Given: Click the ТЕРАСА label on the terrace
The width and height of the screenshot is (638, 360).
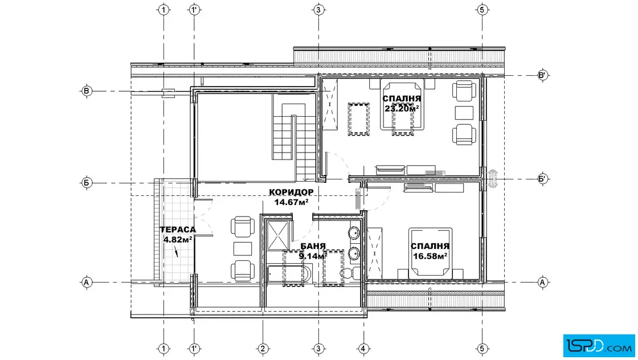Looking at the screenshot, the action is point(178,230).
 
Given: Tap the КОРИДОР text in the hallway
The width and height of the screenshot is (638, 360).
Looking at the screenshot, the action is point(291,192).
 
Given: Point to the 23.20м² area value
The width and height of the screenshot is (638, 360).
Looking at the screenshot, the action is point(402,108).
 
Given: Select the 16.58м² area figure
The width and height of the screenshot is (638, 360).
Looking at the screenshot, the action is point(430,256).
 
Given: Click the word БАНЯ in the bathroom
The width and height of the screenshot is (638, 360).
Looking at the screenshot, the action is point(313,246).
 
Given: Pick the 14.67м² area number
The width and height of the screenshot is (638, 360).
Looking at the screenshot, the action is point(291,202).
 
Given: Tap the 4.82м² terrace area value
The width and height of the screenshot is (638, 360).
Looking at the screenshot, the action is point(178,239).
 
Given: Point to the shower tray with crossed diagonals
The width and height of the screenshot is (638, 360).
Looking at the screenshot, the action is point(279,235).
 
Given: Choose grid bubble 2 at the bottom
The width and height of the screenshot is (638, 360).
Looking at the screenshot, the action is point(263,349).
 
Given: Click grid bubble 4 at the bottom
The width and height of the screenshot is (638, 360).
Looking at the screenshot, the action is point(363,349).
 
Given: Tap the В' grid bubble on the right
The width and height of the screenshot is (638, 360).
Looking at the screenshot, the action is point(542,75).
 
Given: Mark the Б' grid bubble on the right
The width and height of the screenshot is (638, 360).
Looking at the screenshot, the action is point(542,179).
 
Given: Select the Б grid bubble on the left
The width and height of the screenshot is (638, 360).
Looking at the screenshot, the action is point(86,183).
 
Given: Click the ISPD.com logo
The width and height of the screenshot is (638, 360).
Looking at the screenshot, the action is point(599,346).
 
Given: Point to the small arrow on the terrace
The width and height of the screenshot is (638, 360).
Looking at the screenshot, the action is point(176,252).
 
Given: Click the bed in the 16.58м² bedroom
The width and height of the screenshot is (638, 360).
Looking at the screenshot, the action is point(431,252).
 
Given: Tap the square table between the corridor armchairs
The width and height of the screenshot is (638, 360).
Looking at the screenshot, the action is point(243,248).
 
